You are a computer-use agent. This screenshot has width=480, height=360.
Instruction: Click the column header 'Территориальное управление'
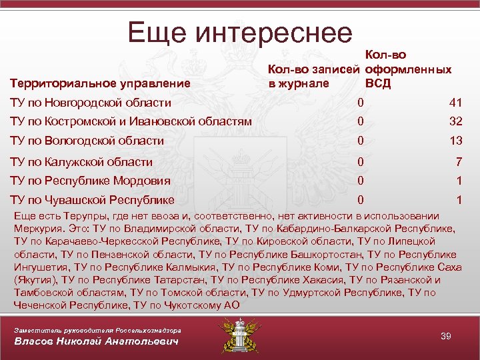100,84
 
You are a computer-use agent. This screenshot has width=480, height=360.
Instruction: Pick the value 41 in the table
455,103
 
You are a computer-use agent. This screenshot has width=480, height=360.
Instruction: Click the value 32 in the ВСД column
455,121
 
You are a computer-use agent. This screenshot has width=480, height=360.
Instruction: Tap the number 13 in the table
455,140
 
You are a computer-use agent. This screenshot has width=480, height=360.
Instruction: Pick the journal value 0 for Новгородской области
360,103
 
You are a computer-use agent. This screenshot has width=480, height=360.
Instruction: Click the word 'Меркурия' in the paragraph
37,228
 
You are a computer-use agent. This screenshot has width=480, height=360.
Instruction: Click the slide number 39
446,336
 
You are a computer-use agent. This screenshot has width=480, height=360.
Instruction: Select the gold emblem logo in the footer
239,336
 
